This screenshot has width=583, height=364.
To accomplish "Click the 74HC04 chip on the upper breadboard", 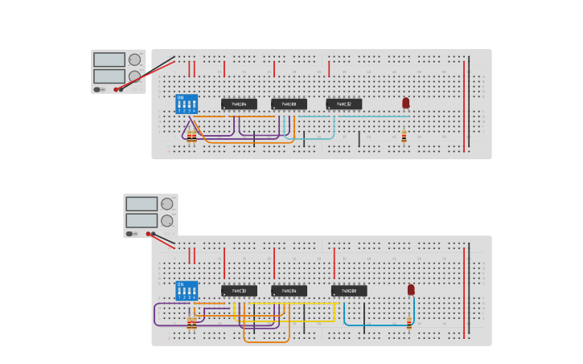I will (x=239, y=104).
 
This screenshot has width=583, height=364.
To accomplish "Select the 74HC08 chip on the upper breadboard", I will (x=289, y=104).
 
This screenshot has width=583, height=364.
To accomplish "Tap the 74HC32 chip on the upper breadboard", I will (x=344, y=104).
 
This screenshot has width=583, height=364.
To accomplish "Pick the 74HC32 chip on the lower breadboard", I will (x=239, y=291).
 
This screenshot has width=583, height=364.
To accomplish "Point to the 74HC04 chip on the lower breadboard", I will (x=289, y=291).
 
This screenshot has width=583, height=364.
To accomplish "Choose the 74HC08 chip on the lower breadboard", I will (x=349, y=291).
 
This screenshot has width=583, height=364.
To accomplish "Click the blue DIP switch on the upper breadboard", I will (x=187, y=104).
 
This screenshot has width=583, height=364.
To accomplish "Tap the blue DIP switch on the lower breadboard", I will (x=187, y=290).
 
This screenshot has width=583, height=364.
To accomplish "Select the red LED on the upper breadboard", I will (x=405, y=103).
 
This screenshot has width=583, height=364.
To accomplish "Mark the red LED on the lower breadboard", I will (x=411, y=289).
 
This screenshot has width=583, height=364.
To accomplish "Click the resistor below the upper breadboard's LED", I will (x=404, y=137).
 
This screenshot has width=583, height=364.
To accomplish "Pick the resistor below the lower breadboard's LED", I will (x=409, y=323).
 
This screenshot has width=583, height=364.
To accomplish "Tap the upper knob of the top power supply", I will (x=134, y=59).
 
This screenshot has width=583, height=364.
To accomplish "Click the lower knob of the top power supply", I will (x=134, y=76).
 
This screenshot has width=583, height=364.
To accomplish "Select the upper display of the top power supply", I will (x=109, y=59).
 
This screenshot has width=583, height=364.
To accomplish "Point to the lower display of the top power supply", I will (x=109, y=76).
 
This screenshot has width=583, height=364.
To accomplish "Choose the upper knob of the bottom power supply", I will (x=166, y=204).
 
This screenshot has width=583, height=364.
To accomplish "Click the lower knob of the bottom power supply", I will (x=166, y=221).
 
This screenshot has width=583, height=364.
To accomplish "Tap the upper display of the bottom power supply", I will (x=142, y=204).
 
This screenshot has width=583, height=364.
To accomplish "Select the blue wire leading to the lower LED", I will (x=378, y=325).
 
